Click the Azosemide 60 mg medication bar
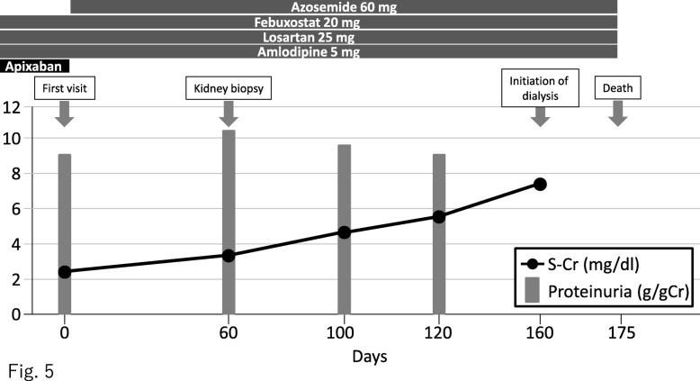[x=344, y=6]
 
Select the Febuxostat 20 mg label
[x=309, y=22]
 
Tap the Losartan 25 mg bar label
[x=309, y=37]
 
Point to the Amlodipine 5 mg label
[x=309, y=52]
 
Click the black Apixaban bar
[x=34, y=67]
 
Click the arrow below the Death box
[x=617, y=114]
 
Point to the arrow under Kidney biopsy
[x=229, y=114]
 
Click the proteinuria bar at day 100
[x=344, y=229]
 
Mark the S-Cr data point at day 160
[x=540, y=184]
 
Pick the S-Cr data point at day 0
[x=64, y=271]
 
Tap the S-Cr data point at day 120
[x=439, y=216]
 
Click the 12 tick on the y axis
[x=13, y=106]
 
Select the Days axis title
[x=369, y=357]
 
